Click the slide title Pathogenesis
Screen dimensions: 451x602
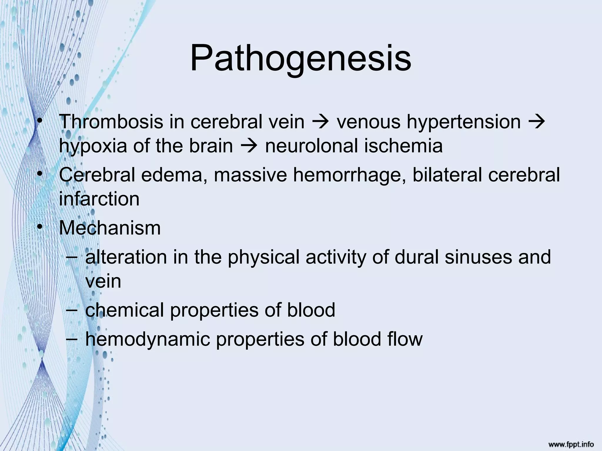click(x=300, y=59)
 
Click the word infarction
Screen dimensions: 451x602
click(x=99, y=199)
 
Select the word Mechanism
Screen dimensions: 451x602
click(x=110, y=228)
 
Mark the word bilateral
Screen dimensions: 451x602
click(x=447, y=175)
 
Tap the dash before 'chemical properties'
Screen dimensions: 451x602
click(x=72, y=310)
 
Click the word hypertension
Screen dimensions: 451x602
click(x=464, y=122)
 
